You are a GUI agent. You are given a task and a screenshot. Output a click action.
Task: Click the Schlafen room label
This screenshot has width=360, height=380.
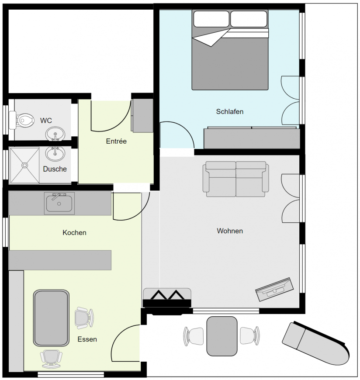[x=229, y=111]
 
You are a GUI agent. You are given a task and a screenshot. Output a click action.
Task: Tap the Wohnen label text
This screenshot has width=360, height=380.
[x=230, y=231]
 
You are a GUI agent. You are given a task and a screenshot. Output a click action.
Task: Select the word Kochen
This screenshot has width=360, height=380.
[x=74, y=232]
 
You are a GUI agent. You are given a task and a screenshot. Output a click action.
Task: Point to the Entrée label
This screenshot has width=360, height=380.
[x=116, y=141]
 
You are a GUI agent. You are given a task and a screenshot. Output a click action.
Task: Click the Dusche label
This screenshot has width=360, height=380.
[x=55, y=169]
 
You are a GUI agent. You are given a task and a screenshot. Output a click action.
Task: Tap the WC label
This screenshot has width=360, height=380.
[x=46, y=120]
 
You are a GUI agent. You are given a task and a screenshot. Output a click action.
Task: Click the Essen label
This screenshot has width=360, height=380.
[x=87, y=339]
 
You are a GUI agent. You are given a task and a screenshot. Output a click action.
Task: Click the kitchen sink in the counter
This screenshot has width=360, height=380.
[x=59, y=203]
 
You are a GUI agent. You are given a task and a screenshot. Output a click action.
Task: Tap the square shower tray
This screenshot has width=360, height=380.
[x=24, y=166]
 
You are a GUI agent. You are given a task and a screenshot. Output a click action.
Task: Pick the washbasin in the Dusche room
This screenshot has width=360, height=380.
[x=55, y=153]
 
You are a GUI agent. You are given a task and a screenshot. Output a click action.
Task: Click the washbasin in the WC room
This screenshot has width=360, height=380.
[x=55, y=134]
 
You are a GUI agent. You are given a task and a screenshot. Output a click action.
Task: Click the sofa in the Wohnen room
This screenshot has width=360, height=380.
[x=235, y=177]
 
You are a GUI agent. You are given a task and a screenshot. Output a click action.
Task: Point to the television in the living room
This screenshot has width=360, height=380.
[x=274, y=289]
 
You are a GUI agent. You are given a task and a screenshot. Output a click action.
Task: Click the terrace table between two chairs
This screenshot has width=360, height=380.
[x=222, y=336]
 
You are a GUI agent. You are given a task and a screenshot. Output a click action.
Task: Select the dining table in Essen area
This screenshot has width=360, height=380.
[x=52, y=318]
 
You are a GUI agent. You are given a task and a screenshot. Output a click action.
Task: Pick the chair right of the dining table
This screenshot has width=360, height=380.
[x=84, y=318]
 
